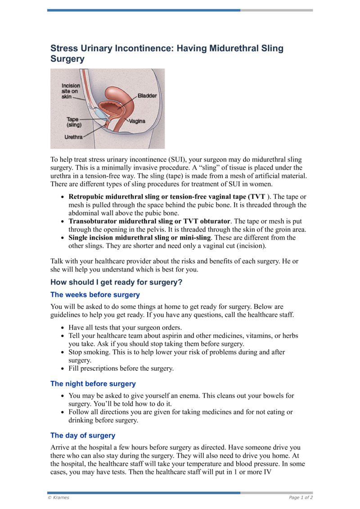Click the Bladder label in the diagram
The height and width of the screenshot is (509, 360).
tap(147, 96)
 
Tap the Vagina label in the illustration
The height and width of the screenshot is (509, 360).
tap(137, 122)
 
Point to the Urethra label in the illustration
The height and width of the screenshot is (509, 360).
tap(73, 137)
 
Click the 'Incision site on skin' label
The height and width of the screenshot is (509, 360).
tap(71, 91)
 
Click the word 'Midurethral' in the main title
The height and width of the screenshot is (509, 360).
tap(201, 48)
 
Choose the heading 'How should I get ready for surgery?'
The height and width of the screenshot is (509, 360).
tap(116, 282)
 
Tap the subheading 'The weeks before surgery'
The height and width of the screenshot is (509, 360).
tap(95, 295)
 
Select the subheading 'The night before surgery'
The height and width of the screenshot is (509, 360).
tap(93, 384)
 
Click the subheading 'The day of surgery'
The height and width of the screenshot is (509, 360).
tap(83, 435)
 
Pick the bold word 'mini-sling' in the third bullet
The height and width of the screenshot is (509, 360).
tap(195, 238)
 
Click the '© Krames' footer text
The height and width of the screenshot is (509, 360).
tap(58, 498)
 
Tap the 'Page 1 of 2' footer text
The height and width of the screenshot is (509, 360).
tap(301, 498)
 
